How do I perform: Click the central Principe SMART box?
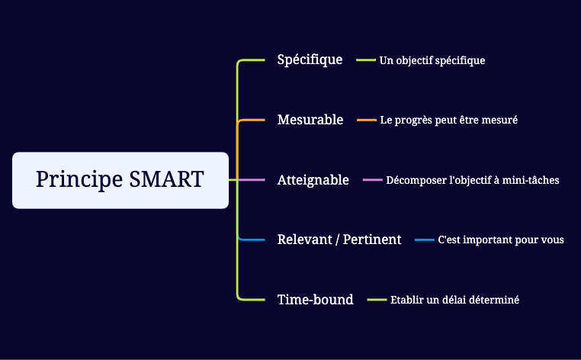pos(120,180)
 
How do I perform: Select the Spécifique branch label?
pos(310,59)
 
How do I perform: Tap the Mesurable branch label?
pos(310,120)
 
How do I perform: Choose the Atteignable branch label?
pos(313,180)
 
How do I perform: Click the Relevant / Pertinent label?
pos(339,239)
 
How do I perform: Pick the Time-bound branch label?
pos(316,300)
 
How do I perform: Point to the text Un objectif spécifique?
pos(432,60)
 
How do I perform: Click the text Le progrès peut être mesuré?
pos(449,121)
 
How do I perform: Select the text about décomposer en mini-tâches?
pos(473,181)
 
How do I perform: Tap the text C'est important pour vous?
pos(501,240)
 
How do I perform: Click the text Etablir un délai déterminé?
pos(454,301)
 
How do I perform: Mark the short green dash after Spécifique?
pos(366,59)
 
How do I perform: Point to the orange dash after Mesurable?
pos(367,120)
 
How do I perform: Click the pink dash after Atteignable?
pos(372,180)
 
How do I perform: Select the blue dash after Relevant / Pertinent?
pos(424,240)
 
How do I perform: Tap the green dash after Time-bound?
pos(377,300)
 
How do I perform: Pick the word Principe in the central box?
pos(79,180)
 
